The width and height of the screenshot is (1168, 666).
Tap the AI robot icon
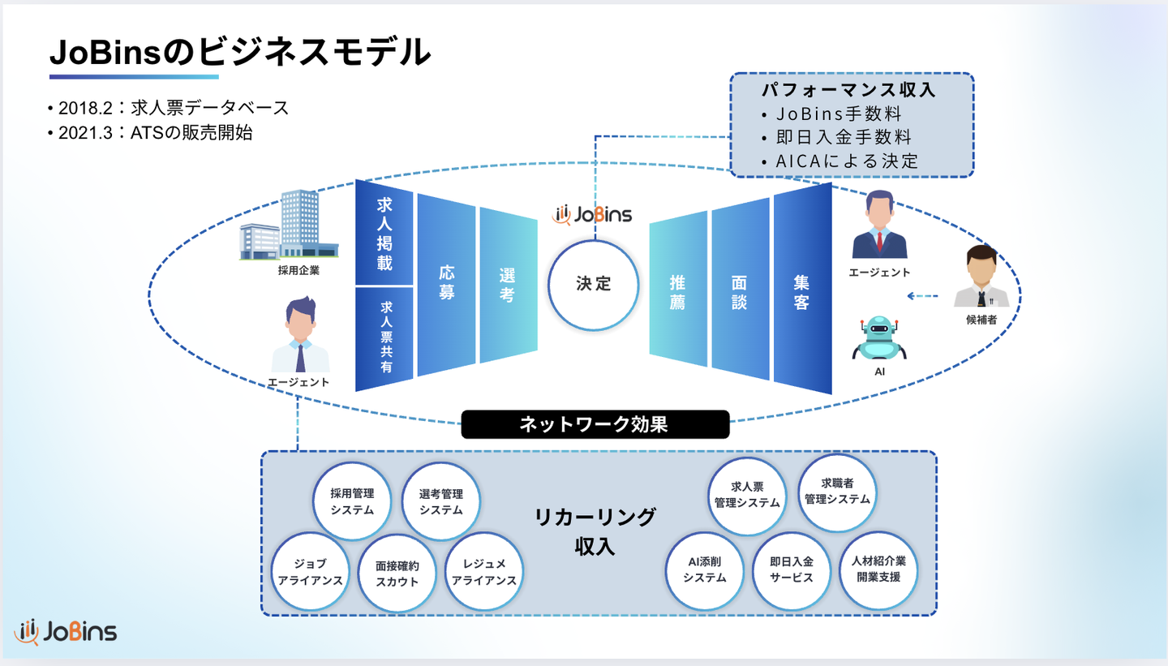coord(878,338)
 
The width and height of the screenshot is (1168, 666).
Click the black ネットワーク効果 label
coord(595,424)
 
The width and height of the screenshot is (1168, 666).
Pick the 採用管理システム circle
coord(352,501)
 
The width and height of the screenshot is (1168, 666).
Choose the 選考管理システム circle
coord(441,501)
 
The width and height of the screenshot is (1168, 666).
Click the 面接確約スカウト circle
coord(397,573)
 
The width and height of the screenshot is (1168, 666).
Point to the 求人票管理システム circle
coord(747,495)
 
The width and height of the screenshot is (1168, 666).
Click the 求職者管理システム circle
coord(837,492)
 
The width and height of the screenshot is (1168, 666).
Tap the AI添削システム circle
coord(704,569)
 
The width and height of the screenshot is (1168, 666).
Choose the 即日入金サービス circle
coord(792,569)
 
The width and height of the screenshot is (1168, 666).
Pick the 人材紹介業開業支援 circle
coord(878,569)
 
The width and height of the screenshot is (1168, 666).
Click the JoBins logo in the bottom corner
coord(66,632)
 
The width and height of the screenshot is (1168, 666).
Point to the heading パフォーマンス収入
coord(848,90)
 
